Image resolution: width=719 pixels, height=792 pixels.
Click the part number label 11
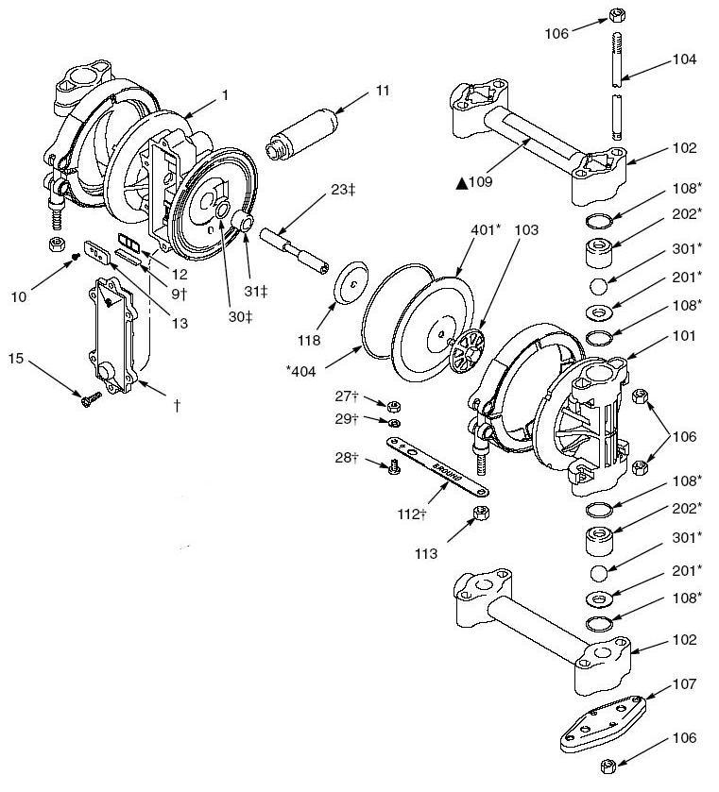coord(382,91)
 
